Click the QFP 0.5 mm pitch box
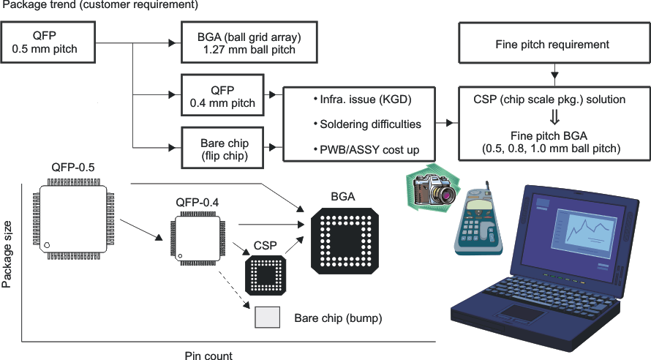[x=49, y=44]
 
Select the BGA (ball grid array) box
[x=249, y=44]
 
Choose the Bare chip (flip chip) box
[x=222, y=145]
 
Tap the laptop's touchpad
[x=521, y=314]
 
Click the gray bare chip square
[x=266, y=318]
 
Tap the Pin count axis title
[x=208, y=356]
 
